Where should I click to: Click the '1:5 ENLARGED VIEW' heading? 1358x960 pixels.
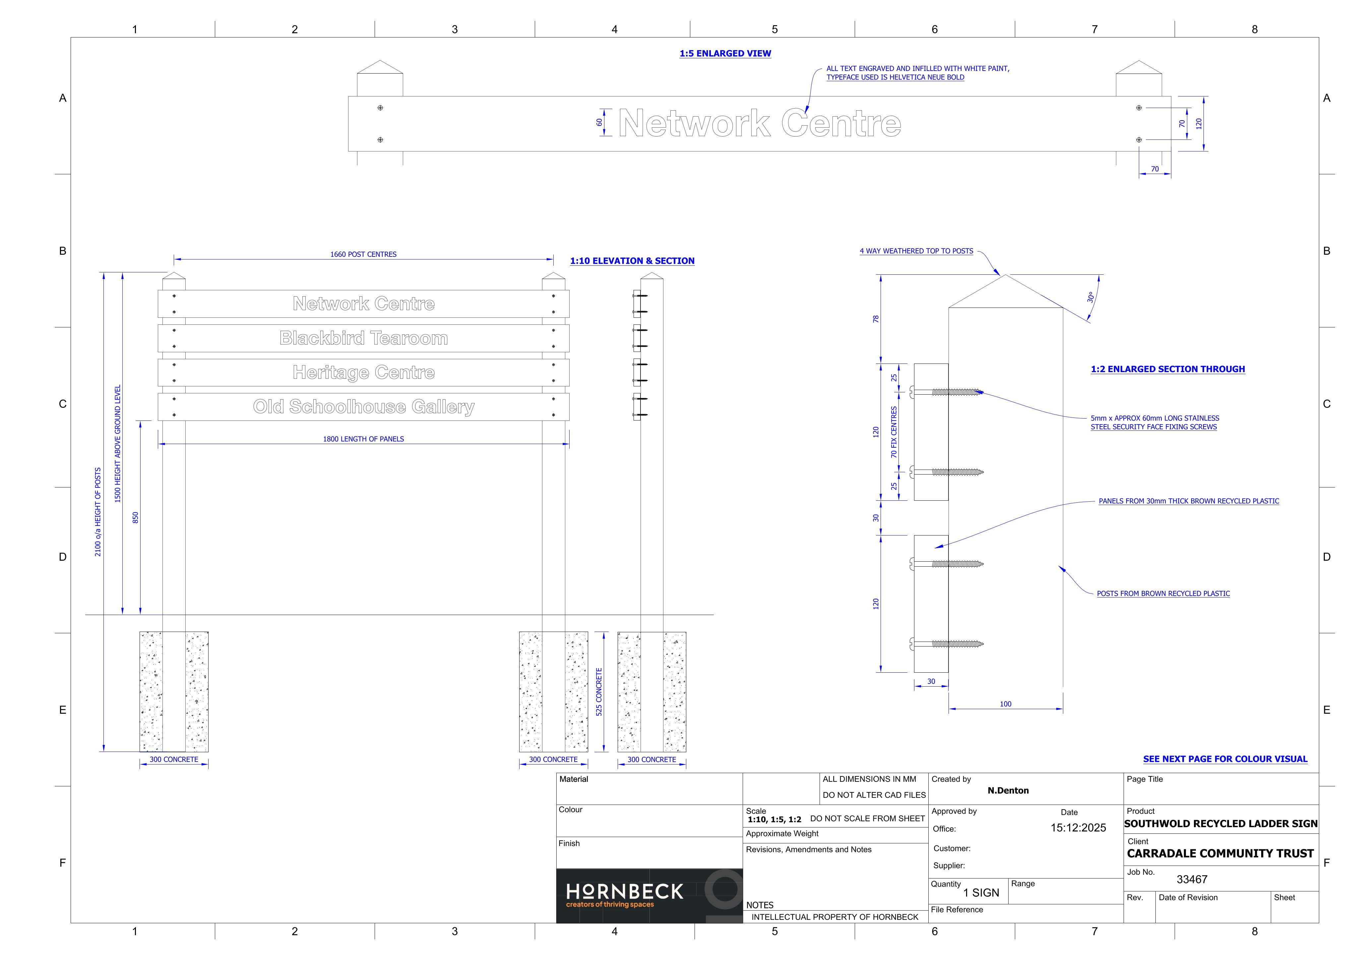pyautogui.click(x=725, y=53)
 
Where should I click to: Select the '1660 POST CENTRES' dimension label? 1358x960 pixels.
pyautogui.click(x=363, y=254)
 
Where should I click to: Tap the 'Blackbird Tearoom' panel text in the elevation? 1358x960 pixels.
pyautogui.click(x=364, y=338)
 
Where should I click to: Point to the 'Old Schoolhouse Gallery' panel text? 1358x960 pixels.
pyautogui.click(x=364, y=407)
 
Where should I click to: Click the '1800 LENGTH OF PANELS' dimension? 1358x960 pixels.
pyautogui.click(x=363, y=439)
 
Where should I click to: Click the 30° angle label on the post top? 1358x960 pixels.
pyautogui.click(x=1090, y=297)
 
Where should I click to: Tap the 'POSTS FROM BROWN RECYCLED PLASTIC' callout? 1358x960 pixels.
pyautogui.click(x=1163, y=593)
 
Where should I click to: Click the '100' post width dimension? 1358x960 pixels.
pyautogui.click(x=1006, y=704)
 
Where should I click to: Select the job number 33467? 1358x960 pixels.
pyautogui.click(x=1192, y=879)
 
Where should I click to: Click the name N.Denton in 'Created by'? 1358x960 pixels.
pyautogui.click(x=1008, y=790)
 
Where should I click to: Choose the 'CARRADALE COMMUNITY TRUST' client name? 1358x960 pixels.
pyautogui.click(x=1220, y=853)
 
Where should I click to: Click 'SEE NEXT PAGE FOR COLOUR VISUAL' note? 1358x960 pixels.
pyautogui.click(x=1225, y=759)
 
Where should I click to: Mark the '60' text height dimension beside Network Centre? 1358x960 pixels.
pyautogui.click(x=599, y=122)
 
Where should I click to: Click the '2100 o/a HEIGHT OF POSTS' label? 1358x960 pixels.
pyautogui.click(x=98, y=512)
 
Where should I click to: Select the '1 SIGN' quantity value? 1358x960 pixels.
pyautogui.click(x=981, y=893)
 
